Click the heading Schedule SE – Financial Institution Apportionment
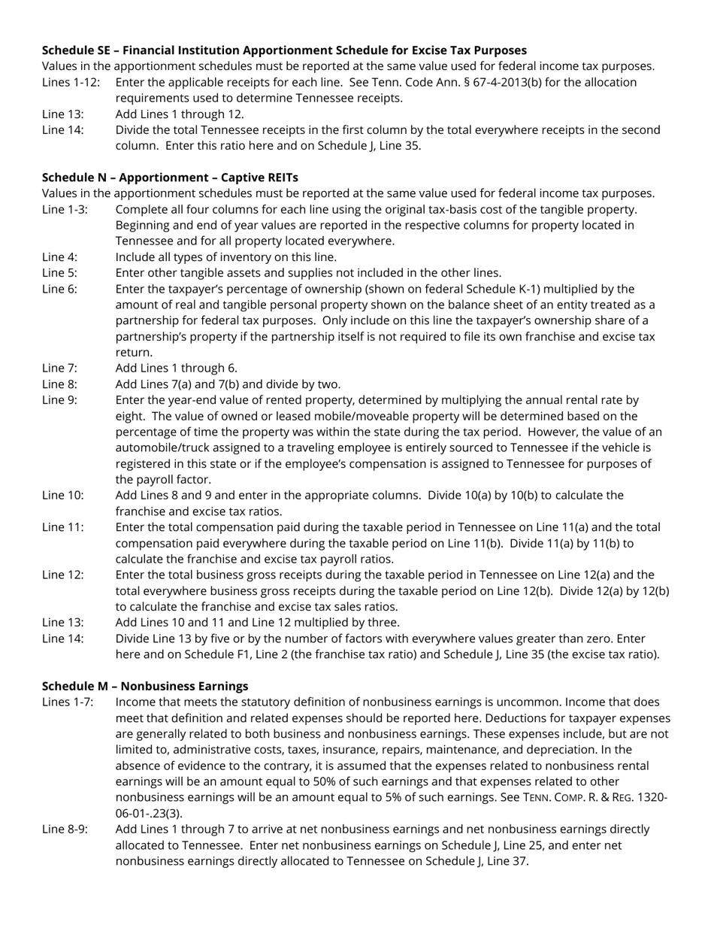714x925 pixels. click(284, 50)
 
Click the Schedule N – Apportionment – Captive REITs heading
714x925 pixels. click(170, 177)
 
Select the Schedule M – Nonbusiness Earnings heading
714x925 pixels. click(145, 686)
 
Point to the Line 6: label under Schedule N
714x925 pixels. click(59, 289)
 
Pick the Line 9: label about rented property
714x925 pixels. click(59, 400)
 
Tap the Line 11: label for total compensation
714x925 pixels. click(62, 527)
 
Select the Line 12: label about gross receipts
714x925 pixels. click(62, 575)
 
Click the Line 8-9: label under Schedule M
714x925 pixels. click(65, 829)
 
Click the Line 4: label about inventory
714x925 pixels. click(59, 256)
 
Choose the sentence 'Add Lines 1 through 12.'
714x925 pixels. click(180, 114)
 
